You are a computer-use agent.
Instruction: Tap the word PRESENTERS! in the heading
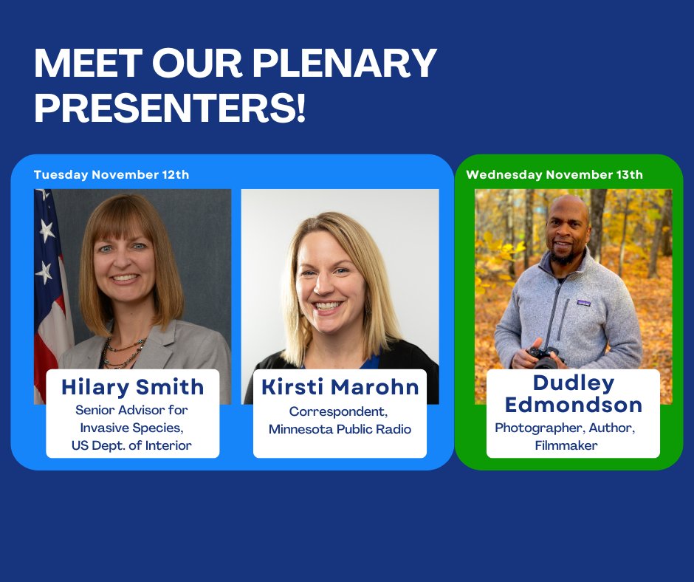170,109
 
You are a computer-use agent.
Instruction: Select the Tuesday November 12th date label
111,175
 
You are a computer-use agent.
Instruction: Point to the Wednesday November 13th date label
554,175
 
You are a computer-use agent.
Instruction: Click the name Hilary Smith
133,386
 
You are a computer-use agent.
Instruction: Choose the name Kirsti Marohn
340,386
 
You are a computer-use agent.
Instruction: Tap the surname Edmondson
573,405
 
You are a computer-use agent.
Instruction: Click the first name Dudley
573,383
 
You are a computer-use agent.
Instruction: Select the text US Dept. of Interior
131,445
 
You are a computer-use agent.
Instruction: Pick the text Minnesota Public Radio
340,429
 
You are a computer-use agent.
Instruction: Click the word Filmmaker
573,445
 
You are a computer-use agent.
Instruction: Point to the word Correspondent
340,411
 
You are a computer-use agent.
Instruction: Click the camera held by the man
545,357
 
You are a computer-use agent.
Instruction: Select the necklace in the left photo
122,352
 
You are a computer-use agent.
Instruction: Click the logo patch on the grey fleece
584,302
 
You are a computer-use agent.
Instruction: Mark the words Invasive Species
132,428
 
